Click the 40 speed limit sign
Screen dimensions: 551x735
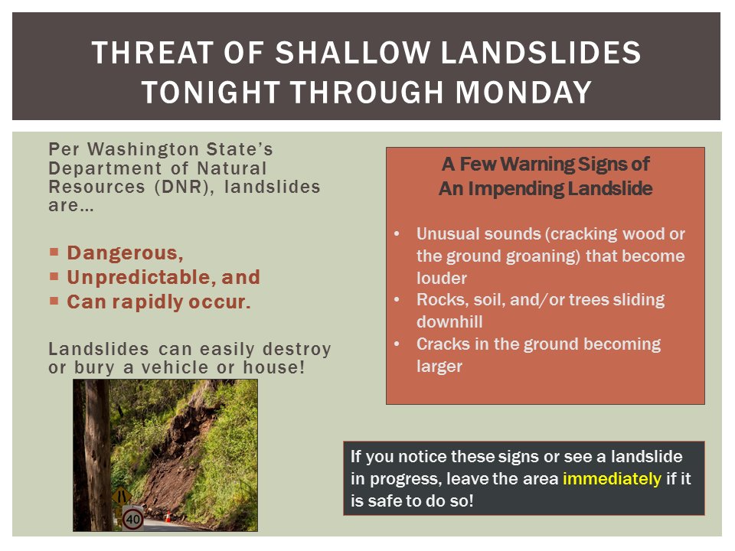point(133,519)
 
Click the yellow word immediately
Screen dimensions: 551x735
point(611,480)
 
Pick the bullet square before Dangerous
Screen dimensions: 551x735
point(54,251)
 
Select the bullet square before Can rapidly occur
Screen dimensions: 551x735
point(54,301)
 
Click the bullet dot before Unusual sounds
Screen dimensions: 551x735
point(397,233)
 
